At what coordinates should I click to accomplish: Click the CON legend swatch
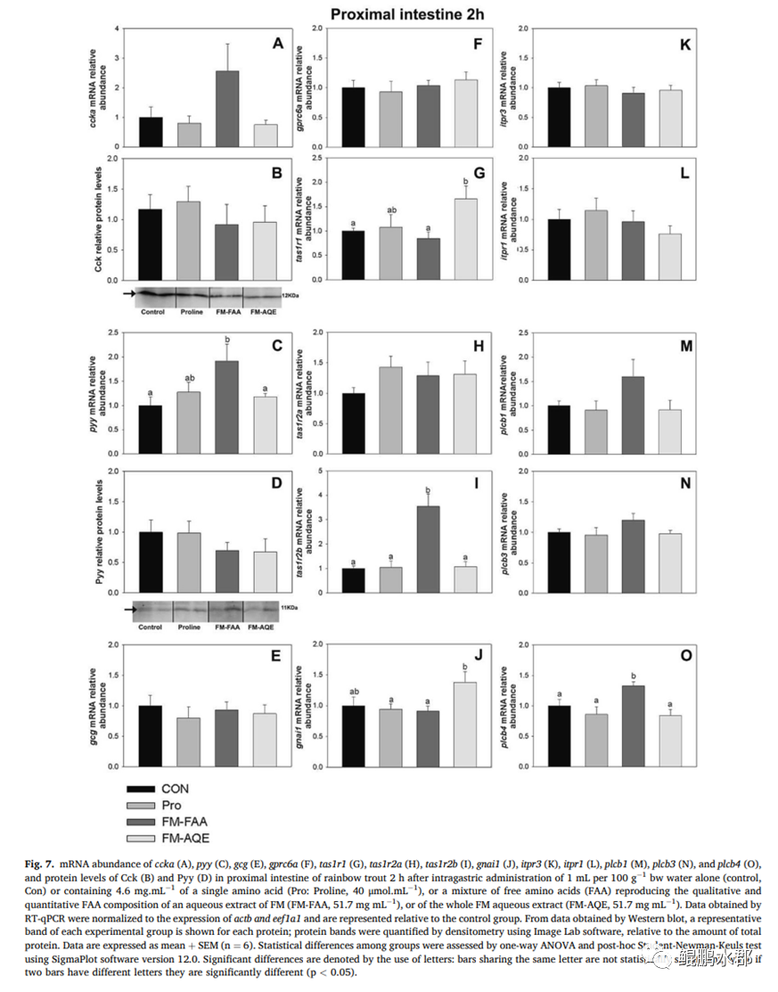(143, 789)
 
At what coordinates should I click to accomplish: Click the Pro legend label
(171, 805)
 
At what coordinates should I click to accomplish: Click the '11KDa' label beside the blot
(290, 608)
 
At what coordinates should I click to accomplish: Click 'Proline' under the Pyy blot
(189, 627)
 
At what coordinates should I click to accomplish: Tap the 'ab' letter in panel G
(389, 210)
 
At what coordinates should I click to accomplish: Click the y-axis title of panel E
(97, 706)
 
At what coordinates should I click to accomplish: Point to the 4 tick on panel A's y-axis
(116, 29)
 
